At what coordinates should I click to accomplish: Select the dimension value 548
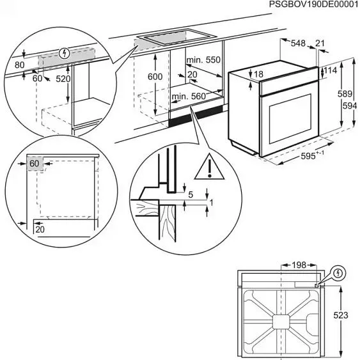(297, 43)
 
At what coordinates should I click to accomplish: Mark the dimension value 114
(331, 70)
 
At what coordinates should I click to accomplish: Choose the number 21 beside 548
(320, 43)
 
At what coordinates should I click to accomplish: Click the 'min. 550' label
(203, 59)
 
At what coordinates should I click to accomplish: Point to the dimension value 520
(63, 79)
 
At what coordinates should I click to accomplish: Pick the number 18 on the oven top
(258, 75)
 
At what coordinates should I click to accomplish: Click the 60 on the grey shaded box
(35, 164)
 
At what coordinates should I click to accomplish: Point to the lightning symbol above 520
(63, 54)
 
